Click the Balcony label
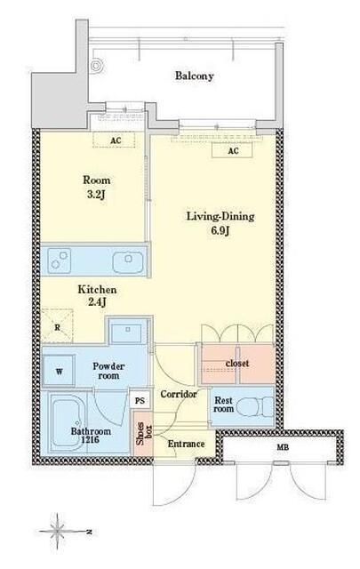(x=194, y=76)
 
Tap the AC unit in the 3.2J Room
(x=115, y=140)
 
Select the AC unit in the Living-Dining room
(x=232, y=150)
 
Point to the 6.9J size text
(x=220, y=230)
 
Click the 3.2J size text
(x=97, y=195)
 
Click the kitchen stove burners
(x=60, y=260)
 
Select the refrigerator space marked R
(x=58, y=326)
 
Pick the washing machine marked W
(x=59, y=371)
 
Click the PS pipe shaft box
(x=140, y=401)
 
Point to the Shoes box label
(x=143, y=433)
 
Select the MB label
(x=283, y=448)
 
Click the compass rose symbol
(x=58, y=532)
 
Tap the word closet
(x=237, y=364)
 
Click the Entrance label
(x=186, y=444)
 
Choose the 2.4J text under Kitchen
(x=97, y=302)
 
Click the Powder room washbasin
(x=128, y=331)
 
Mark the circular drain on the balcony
(x=96, y=66)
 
